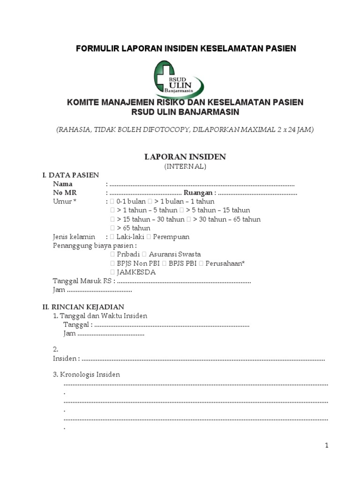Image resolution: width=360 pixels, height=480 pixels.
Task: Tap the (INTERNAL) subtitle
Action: (185, 166)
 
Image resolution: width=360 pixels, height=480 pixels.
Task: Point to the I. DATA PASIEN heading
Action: (71, 175)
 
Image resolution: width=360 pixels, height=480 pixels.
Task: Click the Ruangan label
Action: (199, 193)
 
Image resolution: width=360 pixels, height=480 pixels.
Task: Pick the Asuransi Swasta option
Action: (175, 254)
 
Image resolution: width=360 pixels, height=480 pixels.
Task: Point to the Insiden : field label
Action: (66, 359)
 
